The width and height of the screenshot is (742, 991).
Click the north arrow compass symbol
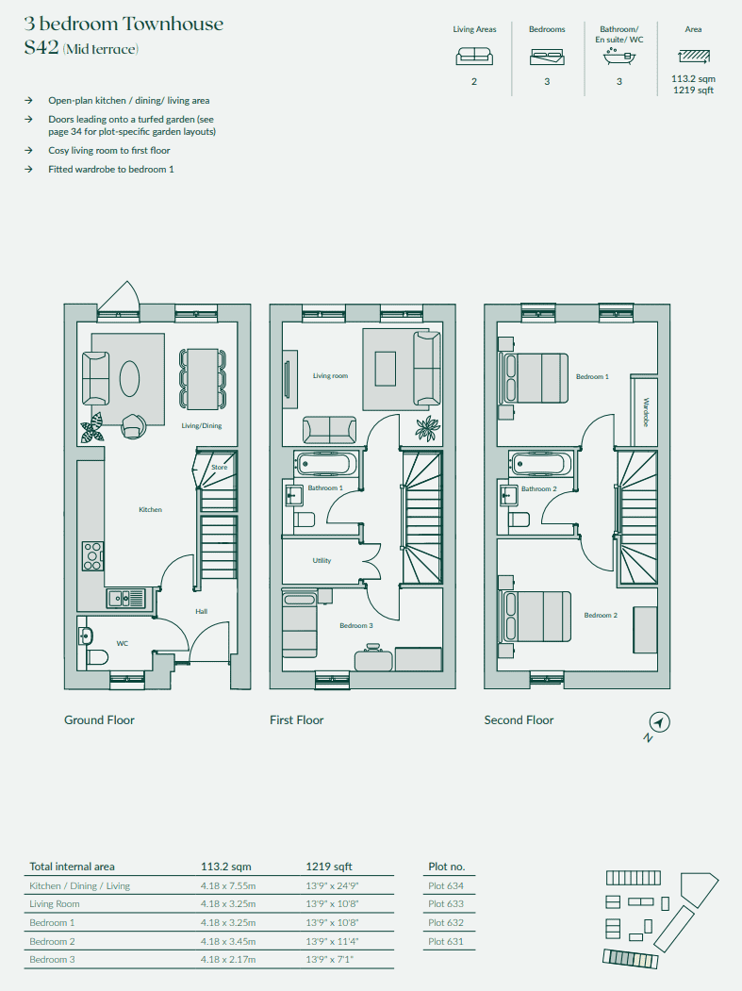click(659, 722)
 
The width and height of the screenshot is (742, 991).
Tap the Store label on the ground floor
click(220, 467)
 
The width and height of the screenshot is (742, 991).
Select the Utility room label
click(322, 561)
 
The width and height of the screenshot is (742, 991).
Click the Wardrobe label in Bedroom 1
click(646, 412)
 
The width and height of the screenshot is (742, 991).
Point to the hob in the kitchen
click(92, 556)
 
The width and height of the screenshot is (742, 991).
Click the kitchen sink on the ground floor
click(125, 597)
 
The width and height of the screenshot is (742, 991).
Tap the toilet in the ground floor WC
click(97, 657)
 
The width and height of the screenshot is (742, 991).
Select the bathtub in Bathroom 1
click(326, 464)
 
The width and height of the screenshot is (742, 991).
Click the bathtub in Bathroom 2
click(540, 464)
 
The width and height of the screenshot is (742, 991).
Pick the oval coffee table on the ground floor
click(129, 378)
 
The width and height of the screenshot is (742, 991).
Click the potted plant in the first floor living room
click(428, 428)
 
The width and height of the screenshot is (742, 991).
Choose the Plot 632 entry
click(446, 922)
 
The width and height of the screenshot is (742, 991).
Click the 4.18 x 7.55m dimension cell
click(228, 885)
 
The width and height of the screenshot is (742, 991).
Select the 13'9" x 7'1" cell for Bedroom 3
click(329, 959)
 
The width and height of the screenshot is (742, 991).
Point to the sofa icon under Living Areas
click(474, 57)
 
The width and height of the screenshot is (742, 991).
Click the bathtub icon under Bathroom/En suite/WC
click(619, 57)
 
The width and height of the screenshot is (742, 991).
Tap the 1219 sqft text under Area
click(693, 90)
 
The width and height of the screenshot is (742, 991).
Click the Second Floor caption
click(519, 719)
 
